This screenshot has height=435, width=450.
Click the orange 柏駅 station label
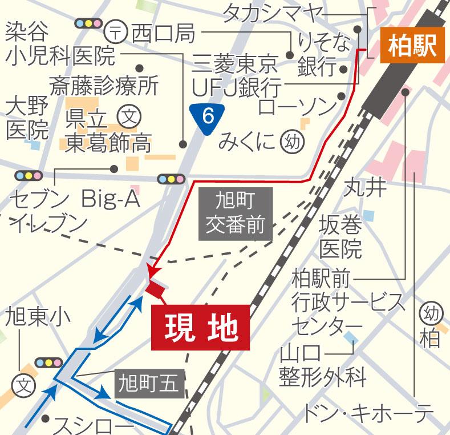pyautogui.click(x=411, y=46)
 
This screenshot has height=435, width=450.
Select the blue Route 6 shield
pyautogui.click(x=208, y=117)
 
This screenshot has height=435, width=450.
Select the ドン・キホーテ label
pyautogui.click(x=366, y=413)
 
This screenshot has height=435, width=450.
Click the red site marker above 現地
pyautogui.click(x=154, y=288)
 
